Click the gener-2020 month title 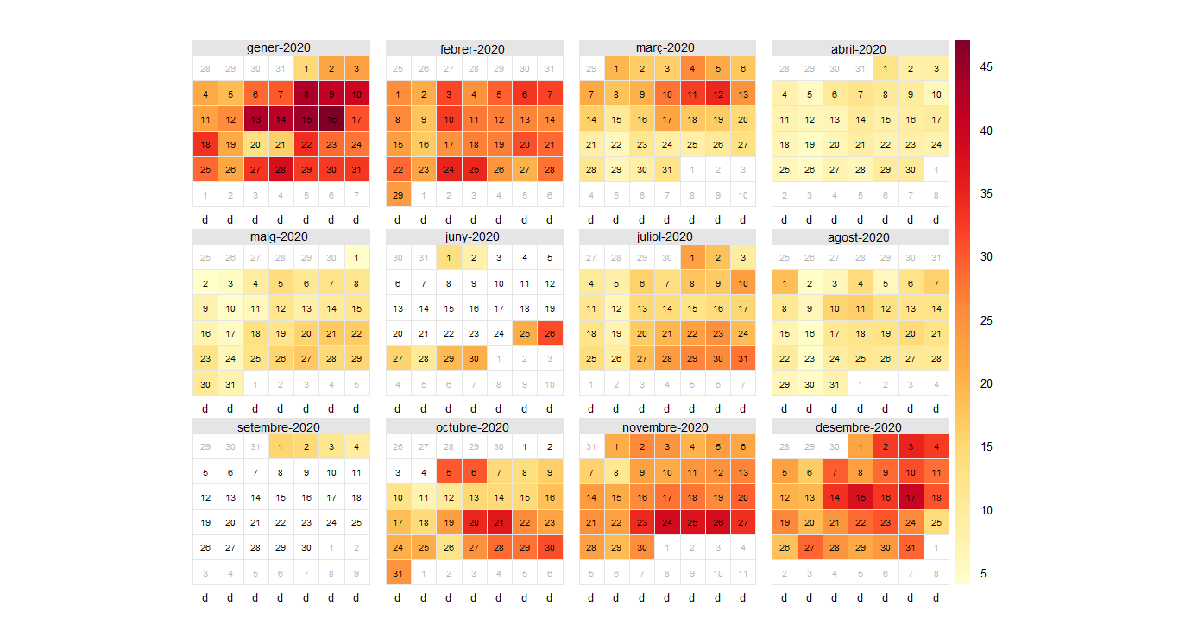[x=279, y=48]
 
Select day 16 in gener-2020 [x=331, y=119]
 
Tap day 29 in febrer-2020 [x=398, y=195]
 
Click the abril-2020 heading [x=859, y=49]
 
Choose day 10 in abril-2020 [x=936, y=94]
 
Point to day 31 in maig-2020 [x=230, y=384]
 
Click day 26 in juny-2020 [x=550, y=333]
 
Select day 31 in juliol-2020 [x=743, y=358]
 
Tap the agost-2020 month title [x=859, y=237]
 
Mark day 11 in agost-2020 [x=861, y=308]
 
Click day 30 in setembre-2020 [x=306, y=547]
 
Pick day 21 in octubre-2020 [x=500, y=522]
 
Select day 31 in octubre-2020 [x=398, y=573]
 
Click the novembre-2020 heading [x=665, y=427]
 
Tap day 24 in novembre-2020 [x=667, y=522]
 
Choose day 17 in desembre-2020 [x=911, y=497]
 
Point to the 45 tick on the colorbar [x=985, y=67]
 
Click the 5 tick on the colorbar [x=985, y=573]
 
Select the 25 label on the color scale [x=985, y=320]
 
